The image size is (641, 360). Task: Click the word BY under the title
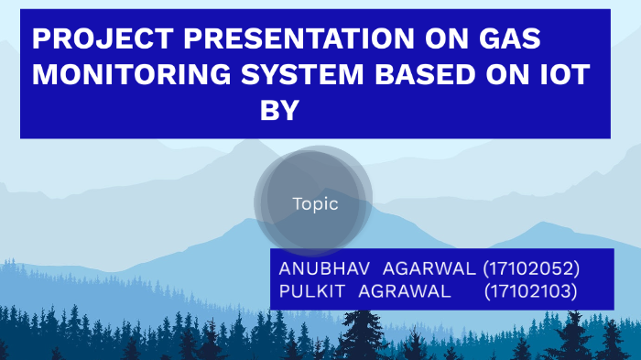click(279, 111)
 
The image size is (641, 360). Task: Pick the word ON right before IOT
click(512, 75)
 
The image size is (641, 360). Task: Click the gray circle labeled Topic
click(314, 204)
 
